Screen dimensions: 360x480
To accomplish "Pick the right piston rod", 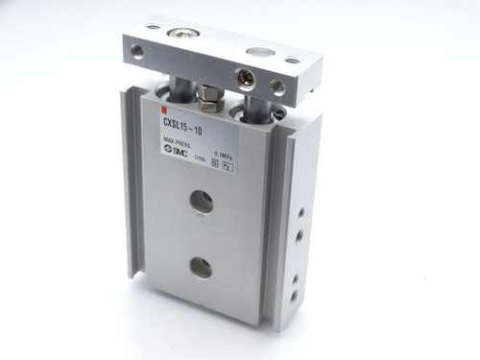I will pyautogui.click(x=251, y=103).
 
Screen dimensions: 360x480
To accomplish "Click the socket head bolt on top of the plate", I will pyautogui.click(x=179, y=35).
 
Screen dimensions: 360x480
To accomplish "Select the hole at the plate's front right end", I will pyautogui.click(x=277, y=87).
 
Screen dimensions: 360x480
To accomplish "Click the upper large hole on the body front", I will pyautogui.click(x=201, y=202).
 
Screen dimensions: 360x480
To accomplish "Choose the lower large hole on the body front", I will pyautogui.click(x=201, y=268).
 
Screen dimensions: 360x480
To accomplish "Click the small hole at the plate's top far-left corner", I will pyautogui.click(x=154, y=24).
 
